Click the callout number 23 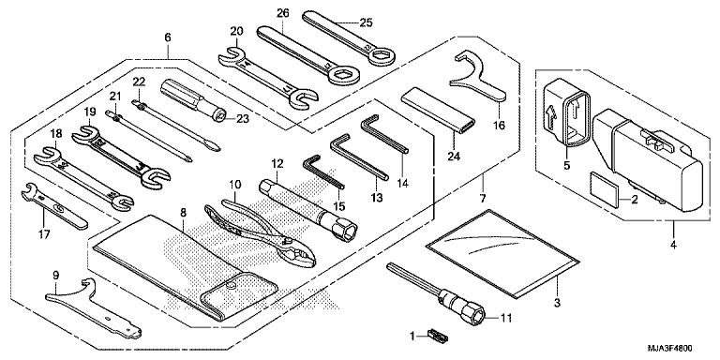243,119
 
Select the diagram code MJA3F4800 670,349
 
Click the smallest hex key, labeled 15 323,172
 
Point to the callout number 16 499,125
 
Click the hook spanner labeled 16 477,77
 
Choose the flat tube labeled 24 438,112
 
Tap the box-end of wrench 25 380,55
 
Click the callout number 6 168,37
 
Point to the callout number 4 673,245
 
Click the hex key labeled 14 383,134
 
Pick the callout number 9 56,276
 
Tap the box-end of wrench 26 342,74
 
